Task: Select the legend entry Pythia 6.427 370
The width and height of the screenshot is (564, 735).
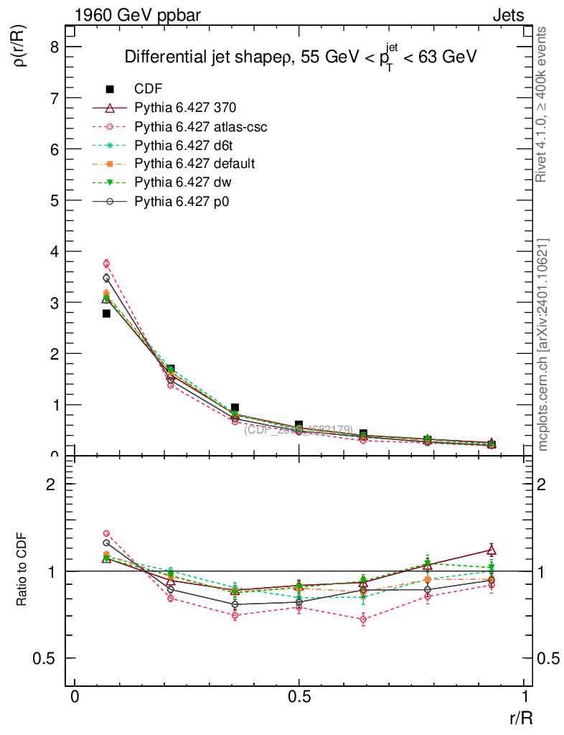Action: click(185, 108)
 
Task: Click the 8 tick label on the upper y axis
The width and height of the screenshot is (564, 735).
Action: click(55, 47)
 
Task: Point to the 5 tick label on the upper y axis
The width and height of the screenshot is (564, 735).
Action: click(55, 200)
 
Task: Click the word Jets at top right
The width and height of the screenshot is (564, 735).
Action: click(507, 15)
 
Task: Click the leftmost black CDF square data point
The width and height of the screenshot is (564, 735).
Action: click(106, 314)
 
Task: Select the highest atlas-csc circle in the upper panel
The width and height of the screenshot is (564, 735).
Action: click(106, 263)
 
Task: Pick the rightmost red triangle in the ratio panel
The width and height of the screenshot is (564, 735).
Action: click(492, 551)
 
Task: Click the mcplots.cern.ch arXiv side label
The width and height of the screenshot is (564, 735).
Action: click(543, 345)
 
